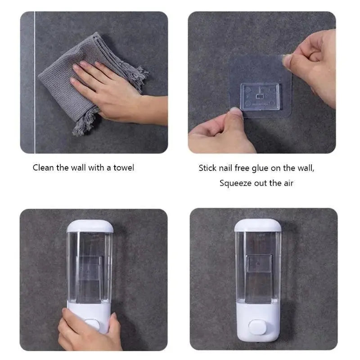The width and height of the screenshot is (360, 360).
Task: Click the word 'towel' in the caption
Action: (x=124, y=168)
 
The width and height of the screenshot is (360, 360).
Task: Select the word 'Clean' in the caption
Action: (x=43, y=168)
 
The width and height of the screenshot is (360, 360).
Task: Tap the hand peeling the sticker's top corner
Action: (x=313, y=63)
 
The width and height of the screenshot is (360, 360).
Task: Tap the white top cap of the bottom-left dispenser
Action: (x=90, y=226)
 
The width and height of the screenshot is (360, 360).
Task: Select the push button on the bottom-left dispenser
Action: (x=92, y=324)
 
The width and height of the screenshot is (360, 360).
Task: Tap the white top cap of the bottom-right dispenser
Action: (x=258, y=225)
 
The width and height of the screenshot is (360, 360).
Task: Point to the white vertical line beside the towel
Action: (x=35, y=81)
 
